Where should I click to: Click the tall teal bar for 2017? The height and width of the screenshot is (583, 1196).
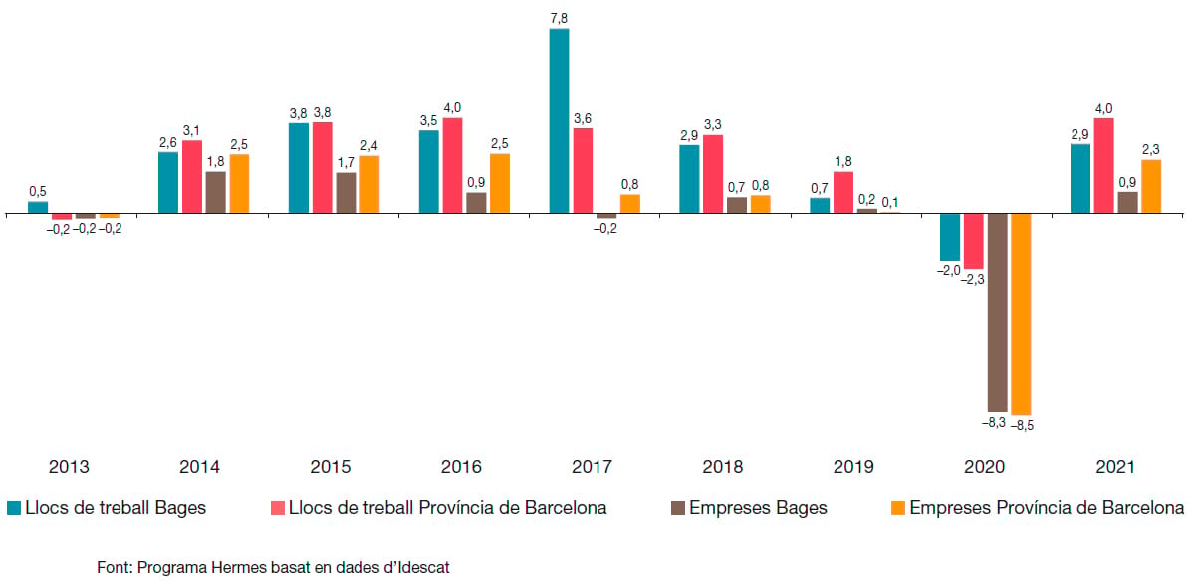pos(559,121)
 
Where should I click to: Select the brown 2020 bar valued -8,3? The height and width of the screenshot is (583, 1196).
pos(998,312)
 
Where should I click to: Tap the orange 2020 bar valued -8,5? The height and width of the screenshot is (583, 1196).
pos(1021,314)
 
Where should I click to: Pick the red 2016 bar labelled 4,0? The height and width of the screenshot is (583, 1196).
pos(452,166)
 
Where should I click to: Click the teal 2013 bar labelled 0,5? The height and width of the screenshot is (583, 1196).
pos(38,208)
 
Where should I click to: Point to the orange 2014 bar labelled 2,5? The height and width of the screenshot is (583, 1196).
pos(239,184)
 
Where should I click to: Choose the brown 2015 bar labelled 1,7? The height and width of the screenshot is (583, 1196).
pos(346,193)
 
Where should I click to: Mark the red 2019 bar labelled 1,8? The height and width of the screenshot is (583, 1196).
pos(843,193)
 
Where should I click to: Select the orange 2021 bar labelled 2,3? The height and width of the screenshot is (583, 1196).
pos(1151,187)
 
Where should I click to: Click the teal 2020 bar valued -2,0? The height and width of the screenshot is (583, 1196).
pos(950,238)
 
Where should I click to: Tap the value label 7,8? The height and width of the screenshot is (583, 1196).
pos(559,19)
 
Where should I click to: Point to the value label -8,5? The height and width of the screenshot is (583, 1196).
pos(1022,425)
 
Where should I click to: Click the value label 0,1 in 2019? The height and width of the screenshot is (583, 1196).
pos(890,203)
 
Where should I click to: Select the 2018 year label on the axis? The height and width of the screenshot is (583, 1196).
pos(722,467)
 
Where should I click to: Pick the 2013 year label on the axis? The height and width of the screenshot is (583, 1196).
pos(69,467)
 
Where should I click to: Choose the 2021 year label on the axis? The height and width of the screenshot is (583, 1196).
pos(1115,467)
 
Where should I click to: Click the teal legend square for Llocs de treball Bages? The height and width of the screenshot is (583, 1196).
pos(14,508)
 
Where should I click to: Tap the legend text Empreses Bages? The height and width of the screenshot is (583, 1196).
pos(758,508)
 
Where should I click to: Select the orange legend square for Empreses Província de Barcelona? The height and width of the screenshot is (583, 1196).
pos(898,508)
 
